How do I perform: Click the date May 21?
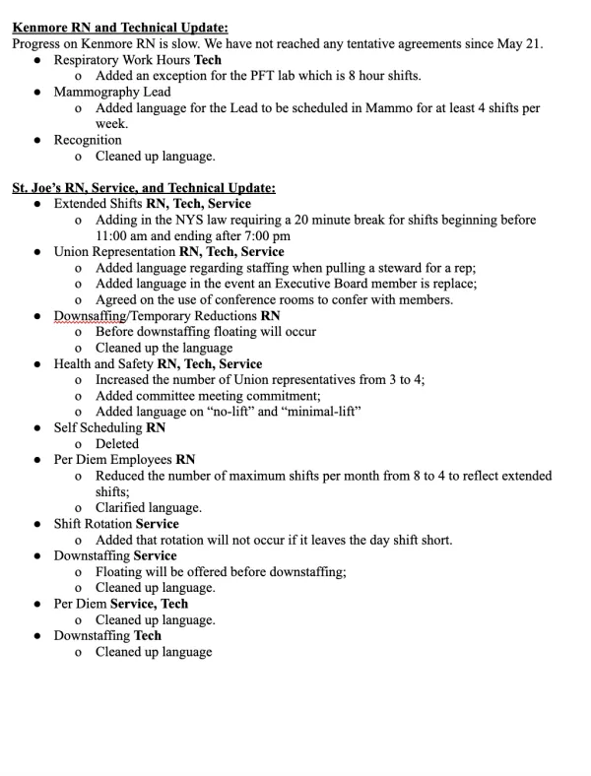519,44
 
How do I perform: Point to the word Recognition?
88,140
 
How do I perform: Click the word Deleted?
117,443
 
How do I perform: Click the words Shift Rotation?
93,524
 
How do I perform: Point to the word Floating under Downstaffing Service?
120,571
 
